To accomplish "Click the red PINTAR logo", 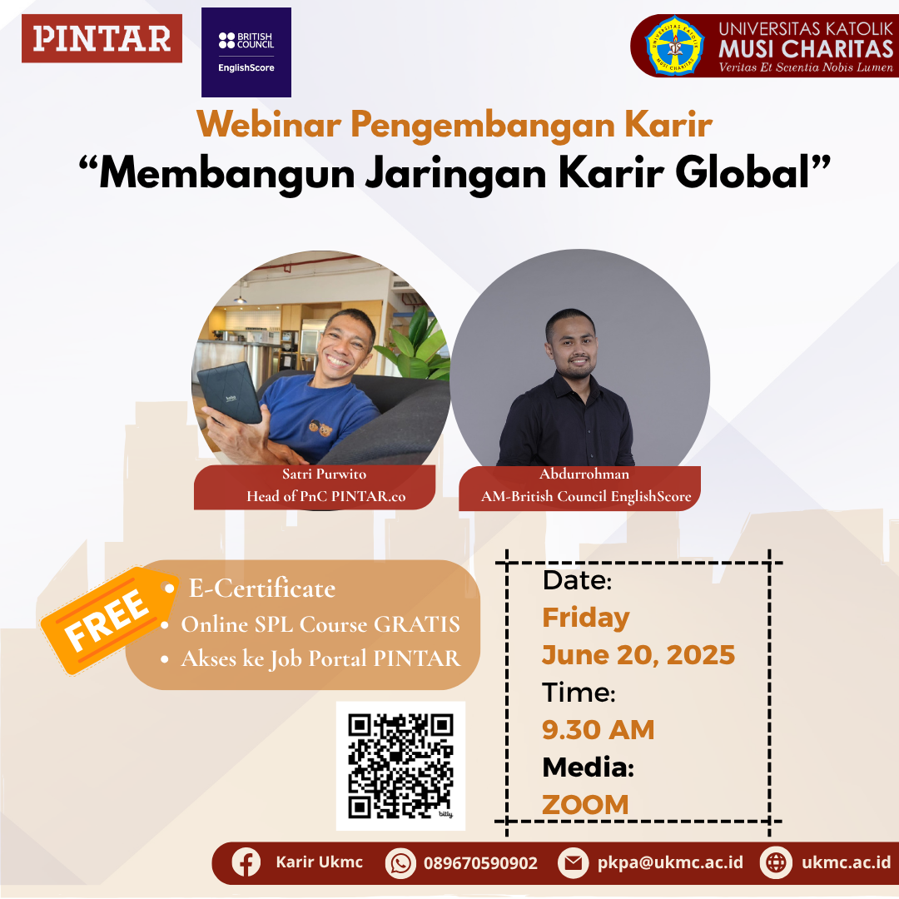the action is (x=102, y=38).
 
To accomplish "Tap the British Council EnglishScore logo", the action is (x=246, y=52).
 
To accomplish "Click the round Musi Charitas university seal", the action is (x=675, y=46).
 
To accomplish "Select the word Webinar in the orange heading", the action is (x=269, y=123).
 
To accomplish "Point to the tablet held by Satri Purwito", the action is (x=230, y=393).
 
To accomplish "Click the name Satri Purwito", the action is (x=324, y=474).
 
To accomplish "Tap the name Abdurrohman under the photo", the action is (x=584, y=474).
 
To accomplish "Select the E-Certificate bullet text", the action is (x=262, y=589).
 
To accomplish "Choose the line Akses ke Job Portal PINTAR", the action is (x=320, y=658).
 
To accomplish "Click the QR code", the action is (x=400, y=766).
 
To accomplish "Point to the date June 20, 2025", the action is (x=638, y=655).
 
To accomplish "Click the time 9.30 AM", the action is (x=598, y=729).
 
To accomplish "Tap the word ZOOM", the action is (x=585, y=804).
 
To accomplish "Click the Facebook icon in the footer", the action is (x=246, y=862).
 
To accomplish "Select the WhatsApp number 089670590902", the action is (x=480, y=863).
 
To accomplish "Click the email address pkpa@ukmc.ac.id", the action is (x=670, y=862).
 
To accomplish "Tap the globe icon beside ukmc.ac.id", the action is (x=776, y=862).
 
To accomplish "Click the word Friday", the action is (x=586, y=618).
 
